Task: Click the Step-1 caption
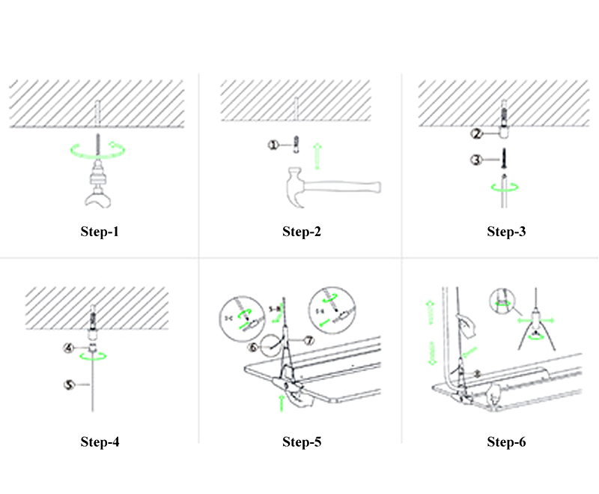click(x=100, y=231)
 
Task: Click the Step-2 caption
click(x=302, y=231)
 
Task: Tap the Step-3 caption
click(x=506, y=231)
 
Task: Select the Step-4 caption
click(x=100, y=442)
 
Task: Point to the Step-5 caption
click(x=302, y=442)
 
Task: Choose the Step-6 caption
click(x=506, y=442)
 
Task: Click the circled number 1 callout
click(x=274, y=145)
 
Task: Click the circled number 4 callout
click(x=67, y=348)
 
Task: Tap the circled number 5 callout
click(x=68, y=385)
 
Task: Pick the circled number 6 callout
click(x=253, y=347)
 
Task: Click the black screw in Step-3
click(x=503, y=159)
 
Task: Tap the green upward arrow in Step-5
click(x=281, y=402)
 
